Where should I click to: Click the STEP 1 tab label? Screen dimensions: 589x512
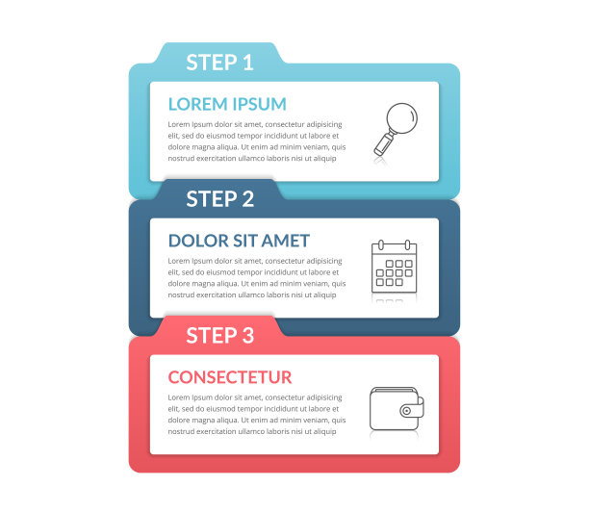(219, 63)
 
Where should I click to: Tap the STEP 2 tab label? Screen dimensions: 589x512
(220, 198)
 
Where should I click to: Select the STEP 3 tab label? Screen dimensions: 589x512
(220, 336)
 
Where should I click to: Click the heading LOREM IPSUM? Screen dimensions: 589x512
(227, 104)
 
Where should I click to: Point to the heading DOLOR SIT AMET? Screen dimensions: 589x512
(239, 241)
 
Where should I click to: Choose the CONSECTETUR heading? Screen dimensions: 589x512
(230, 377)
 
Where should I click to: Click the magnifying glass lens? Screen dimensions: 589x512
(402, 118)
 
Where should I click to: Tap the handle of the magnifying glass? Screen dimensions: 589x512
(384, 144)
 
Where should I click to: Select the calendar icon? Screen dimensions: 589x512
(394, 267)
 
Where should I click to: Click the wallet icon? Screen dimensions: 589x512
(397, 409)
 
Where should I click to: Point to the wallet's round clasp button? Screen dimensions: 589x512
(406, 411)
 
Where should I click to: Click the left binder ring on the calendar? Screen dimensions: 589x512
(381, 245)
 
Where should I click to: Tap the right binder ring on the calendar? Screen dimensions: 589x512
(407, 245)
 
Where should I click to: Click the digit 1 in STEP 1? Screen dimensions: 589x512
(248, 63)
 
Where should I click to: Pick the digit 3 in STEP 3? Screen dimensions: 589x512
(248, 336)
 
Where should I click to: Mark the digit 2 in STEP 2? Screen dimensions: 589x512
(248, 198)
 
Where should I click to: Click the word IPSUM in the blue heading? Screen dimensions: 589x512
(259, 104)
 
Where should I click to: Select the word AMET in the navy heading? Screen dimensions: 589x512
(286, 241)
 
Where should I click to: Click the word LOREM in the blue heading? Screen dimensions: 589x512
(197, 104)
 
